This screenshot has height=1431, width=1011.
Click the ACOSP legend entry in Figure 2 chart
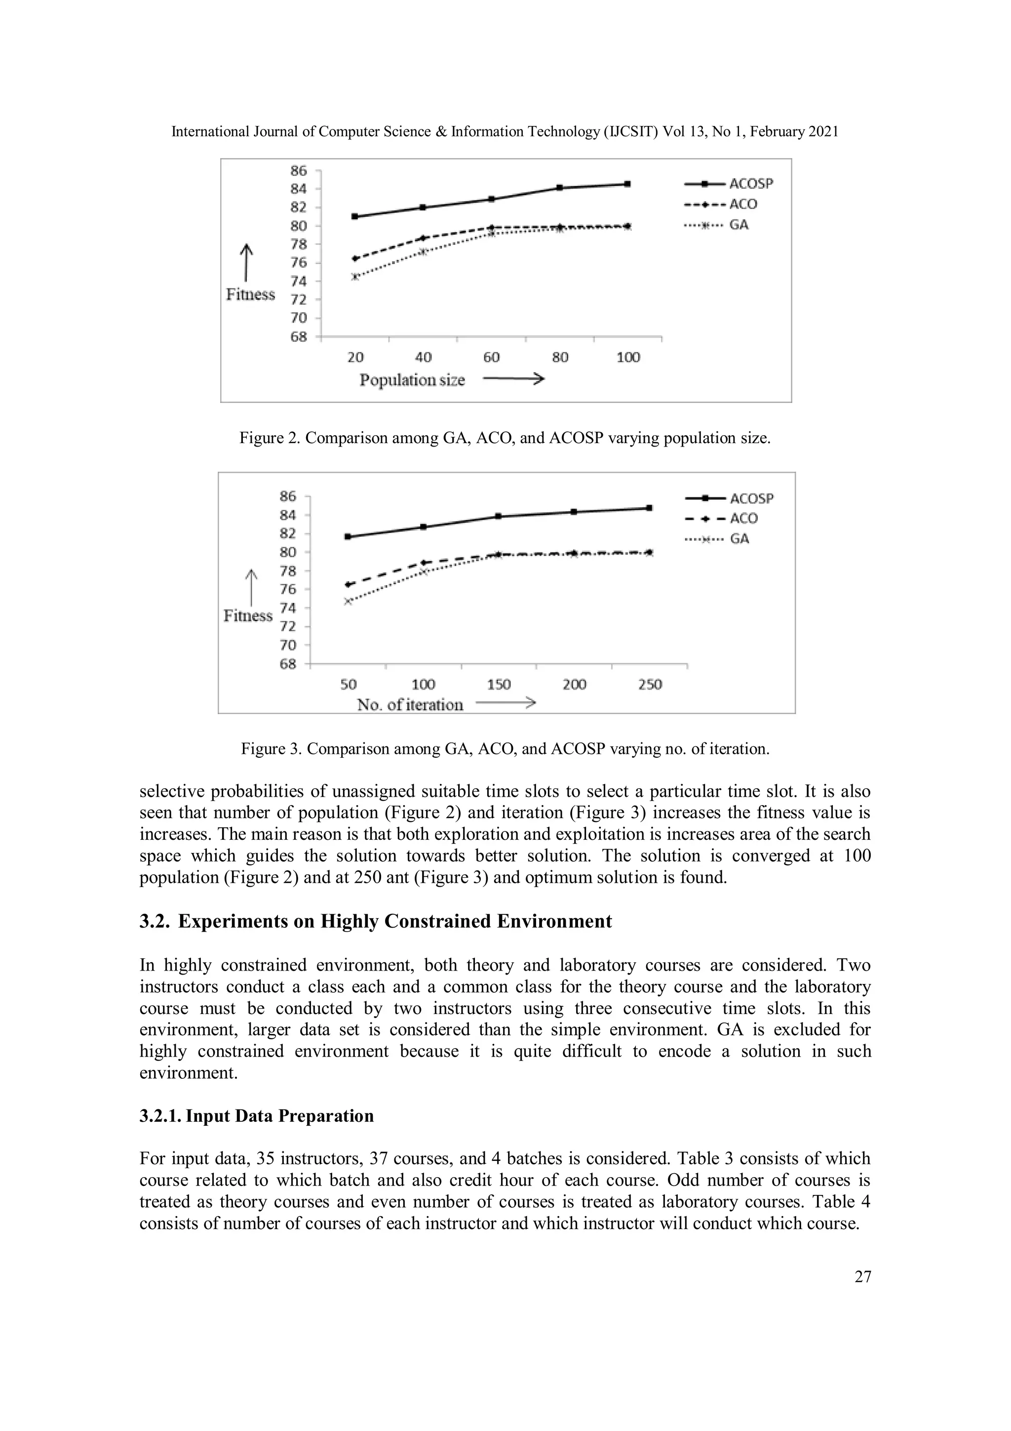[729, 184]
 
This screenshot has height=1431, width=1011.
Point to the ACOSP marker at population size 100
[627, 184]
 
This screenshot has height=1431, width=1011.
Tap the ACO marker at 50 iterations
[348, 584]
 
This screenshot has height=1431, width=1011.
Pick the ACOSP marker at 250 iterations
[649, 508]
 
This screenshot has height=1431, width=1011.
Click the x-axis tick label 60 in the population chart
[492, 357]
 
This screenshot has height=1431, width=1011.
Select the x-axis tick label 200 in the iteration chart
[574, 684]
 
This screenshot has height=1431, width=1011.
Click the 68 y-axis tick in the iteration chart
[288, 664]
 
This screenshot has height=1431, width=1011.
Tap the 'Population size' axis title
[412, 380]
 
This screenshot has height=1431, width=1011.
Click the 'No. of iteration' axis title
[410, 705]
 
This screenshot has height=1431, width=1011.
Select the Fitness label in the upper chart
[250, 294]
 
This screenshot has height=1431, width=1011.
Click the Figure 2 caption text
[505, 438]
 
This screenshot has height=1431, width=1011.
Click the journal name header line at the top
[505, 131]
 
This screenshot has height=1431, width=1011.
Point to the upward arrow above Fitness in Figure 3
[250, 587]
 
